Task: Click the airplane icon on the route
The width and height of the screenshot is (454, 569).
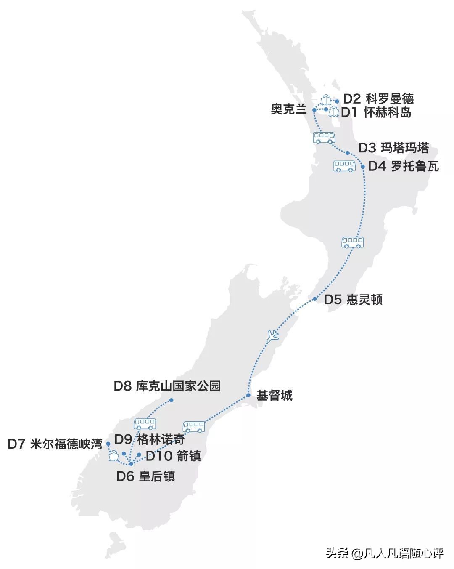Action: coord(273,335)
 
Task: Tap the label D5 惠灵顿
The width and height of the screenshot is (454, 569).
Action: coord(353,300)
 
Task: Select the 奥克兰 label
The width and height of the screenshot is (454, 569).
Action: coord(288,110)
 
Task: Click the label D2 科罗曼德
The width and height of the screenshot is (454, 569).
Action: coord(378,99)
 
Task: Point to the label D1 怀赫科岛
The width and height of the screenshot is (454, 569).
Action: coord(376,112)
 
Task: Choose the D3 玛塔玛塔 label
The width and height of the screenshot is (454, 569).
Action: coord(393,148)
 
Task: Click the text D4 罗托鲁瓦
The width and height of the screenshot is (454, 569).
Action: coord(403,166)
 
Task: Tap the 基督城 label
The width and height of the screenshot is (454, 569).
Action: coord(274,396)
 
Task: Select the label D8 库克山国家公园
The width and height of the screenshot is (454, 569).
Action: coord(167,386)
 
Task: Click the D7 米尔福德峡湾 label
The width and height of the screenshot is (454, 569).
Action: coord(55,444)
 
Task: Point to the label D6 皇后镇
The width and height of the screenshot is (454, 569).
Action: coord(145,476)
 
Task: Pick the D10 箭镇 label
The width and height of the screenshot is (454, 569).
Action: coord(173,456)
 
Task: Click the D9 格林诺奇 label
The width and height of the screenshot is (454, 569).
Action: coord(150,440)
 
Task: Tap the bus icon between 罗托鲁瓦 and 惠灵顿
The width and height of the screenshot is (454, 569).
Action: coord(352,242)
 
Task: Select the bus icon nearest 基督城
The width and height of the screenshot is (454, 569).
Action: coord(194,427)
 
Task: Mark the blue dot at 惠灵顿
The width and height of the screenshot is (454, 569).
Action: coord(314,299)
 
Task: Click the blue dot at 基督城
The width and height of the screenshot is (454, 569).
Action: coord(248,395)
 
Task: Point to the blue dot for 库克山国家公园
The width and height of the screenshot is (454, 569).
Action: coord(171,400)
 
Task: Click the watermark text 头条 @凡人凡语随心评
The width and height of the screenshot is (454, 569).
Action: coord(385,553)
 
